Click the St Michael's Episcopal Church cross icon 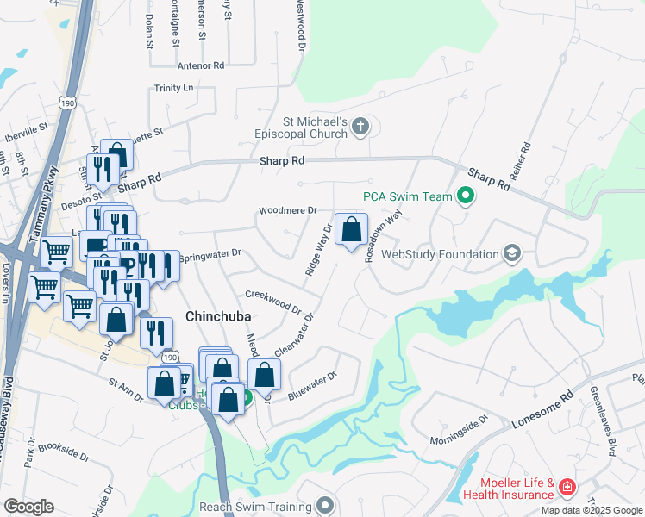361,128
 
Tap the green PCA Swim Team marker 466,196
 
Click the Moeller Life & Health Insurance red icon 567,488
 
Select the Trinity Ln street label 174,88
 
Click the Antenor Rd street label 200,65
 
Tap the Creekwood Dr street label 272,302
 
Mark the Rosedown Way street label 381,237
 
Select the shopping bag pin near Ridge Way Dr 351,230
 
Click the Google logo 28,507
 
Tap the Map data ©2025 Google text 592,510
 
